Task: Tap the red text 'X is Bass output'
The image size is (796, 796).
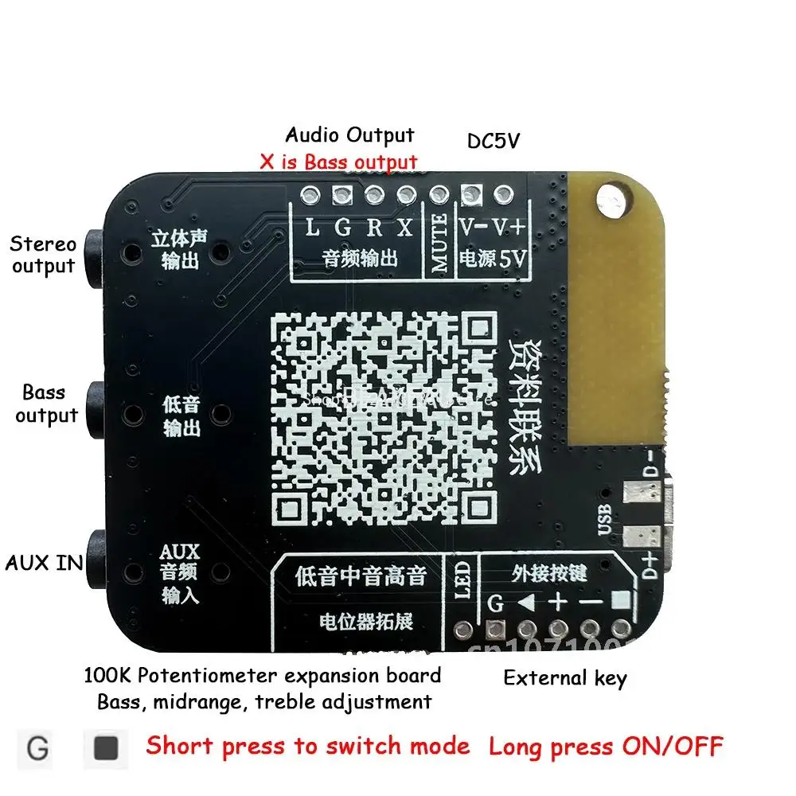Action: pos(338,162)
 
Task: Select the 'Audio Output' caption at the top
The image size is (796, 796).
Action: pos(349,135)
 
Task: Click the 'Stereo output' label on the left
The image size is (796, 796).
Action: pos(44,255)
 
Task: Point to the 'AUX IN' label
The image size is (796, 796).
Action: pos(44,563)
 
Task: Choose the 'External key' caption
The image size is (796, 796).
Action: pos(564,678)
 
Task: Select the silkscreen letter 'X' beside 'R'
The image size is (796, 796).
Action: pos(405,228)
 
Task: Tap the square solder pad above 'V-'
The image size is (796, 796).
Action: pos(471,193)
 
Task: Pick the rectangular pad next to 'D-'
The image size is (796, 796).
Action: pos(638,494)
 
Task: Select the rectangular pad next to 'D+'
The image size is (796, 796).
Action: pos(638,537)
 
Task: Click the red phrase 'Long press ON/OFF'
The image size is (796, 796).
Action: pos(606,747)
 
